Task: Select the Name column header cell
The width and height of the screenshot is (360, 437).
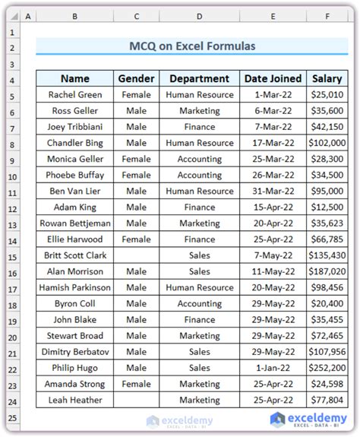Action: pyautogui.click(x=75, y=78)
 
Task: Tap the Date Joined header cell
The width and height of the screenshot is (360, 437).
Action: pyautogui.click(x=272, y=78)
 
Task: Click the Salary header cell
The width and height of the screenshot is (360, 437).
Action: pyautogui.click(x=327, y=78)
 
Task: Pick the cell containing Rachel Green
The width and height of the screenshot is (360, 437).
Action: pyautogui.click(x=75, y=95)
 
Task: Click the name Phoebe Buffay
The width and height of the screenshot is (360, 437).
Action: pyautogui.click(x=75, y=175)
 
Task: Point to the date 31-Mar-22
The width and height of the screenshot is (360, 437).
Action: pyautogui.click(x=272, y=192)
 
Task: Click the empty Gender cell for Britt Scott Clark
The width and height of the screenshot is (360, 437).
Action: pyautogui.click(x=137, y=255)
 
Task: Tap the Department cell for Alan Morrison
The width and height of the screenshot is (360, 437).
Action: pyautogui.click(x=199, y=271)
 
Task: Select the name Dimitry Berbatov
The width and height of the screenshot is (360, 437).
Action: pyautogui.click(x=75, y=352)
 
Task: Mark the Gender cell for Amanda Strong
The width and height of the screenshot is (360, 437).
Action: pyautogui.click(x=137, y=384)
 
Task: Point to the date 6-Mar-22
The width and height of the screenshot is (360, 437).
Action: pyautogui.click(x=272, y=111)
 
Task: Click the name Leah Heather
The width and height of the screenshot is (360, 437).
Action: pyautogui.click(x=75, y=400)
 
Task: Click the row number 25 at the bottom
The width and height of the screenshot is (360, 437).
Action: pyautogui.click(x=13, y=417)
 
